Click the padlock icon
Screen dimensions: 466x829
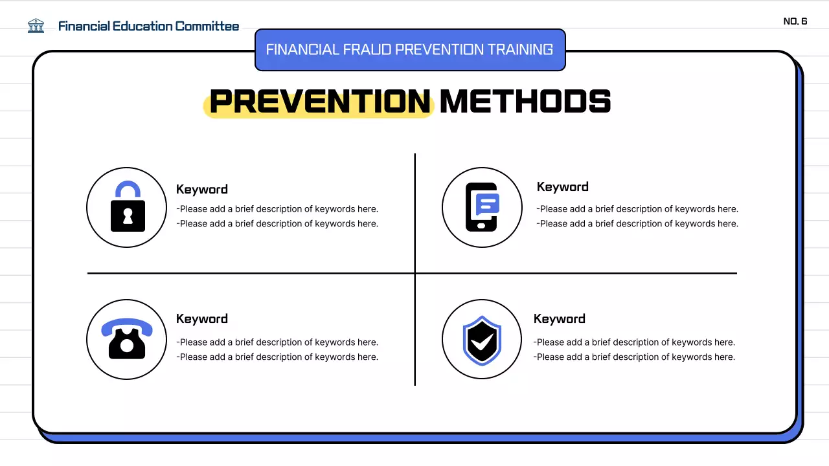click(x=128, y=207)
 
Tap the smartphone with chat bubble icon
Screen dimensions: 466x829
click(x=482, y=207)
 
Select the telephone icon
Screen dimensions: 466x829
click(x=127, y=339)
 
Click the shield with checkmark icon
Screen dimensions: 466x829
click(x=482, y=339)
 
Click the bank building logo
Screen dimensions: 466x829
click(x=36, y=26)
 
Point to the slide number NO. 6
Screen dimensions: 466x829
click(x=795, y=21)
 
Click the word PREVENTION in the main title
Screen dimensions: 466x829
click(x=320, y=102)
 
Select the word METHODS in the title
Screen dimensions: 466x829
click(x=525, y=102)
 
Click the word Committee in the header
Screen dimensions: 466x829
click(x=207, y=27)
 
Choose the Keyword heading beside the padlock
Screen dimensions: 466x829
click(x=202, y=190)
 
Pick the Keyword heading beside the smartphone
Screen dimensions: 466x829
click(x=562, y=187)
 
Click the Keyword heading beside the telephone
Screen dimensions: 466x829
click(x=202, y=319)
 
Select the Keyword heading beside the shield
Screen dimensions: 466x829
click(x=559, y=319)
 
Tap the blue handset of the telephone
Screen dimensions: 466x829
click(x=127, y=326)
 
